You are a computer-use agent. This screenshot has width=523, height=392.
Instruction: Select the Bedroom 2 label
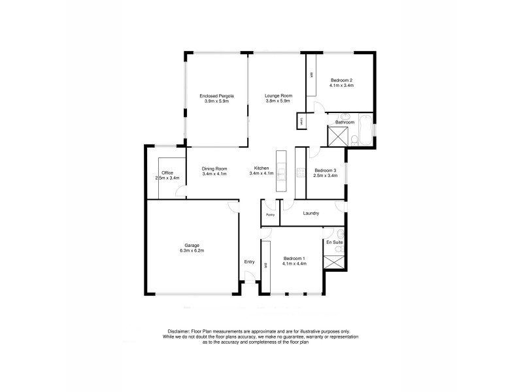click(341, 80)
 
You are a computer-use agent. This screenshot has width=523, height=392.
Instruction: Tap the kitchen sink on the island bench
click(282, 172)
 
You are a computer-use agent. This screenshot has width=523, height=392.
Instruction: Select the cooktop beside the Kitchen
click(301, 173)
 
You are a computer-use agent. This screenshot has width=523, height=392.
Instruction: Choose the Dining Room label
click(214, 169)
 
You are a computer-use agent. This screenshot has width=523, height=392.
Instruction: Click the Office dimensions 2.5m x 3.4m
click(167, 178)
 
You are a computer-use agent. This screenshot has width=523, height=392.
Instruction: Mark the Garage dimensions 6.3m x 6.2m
click(192, 251)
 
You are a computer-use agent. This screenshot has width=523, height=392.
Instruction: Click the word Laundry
click(311, 213)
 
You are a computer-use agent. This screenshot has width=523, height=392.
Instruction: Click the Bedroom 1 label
click(294, 259)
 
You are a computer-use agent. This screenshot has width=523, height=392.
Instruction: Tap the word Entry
click(249, 262)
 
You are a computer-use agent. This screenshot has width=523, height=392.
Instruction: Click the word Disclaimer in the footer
click(178, 331)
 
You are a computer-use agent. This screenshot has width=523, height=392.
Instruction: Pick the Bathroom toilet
click(354, 139)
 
